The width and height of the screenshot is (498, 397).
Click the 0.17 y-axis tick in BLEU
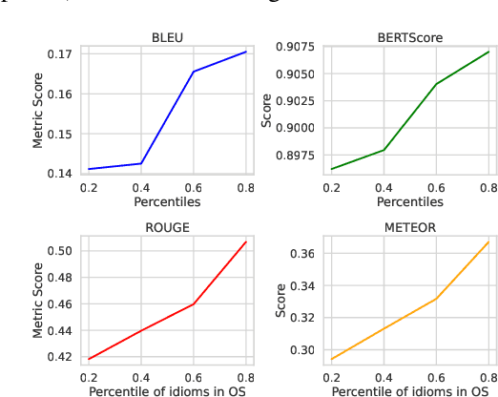(59, 54)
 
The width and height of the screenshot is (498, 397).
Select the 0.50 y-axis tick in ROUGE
(59, 251)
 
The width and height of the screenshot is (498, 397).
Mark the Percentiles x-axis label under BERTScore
(409, 201)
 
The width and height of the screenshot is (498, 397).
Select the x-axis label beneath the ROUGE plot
(167, 390)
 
